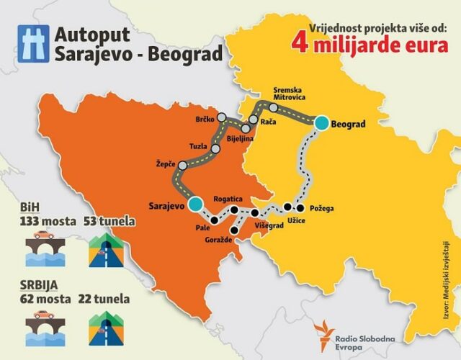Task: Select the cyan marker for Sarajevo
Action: [195, 204]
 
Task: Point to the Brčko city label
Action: [205, 118]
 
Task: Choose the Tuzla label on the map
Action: [198, 145]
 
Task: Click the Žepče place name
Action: [165, 164]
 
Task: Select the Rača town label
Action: [269, 122]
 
